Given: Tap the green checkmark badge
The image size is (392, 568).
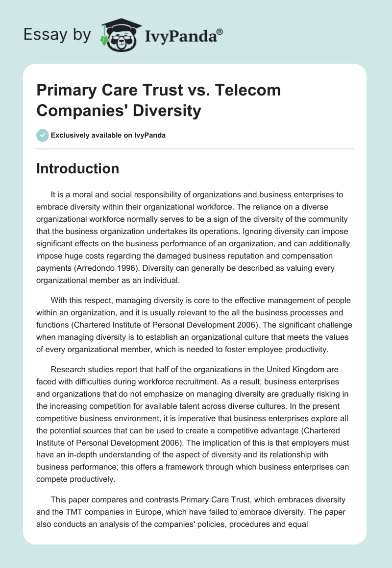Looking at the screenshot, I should [x=43, y=135].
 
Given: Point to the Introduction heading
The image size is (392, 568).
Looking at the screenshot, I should [x=78, y=168].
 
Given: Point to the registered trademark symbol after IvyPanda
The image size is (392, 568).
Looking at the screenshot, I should [x=220, y=32].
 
